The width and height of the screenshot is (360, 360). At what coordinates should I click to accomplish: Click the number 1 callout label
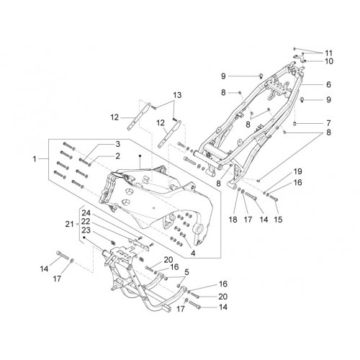click(x=35, y=159)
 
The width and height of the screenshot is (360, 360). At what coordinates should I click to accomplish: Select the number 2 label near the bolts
click(x=117, y=156)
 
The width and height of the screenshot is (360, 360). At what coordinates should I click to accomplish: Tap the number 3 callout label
click(x=117, y=144)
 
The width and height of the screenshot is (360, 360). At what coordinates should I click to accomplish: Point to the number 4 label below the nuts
click(x=193, y=253)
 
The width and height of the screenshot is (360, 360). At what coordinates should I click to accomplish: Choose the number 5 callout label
click(x=186, y=272)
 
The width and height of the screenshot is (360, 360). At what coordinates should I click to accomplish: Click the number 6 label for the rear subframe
click(x=328, y=84)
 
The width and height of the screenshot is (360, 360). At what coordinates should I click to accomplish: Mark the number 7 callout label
click(x=328, y=123)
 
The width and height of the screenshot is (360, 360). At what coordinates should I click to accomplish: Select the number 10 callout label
click(x=329, y=61)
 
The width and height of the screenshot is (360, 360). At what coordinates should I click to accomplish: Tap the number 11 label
click(x=329, y=53)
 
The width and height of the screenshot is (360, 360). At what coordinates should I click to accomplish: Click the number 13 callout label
click(x=177, y=95)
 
